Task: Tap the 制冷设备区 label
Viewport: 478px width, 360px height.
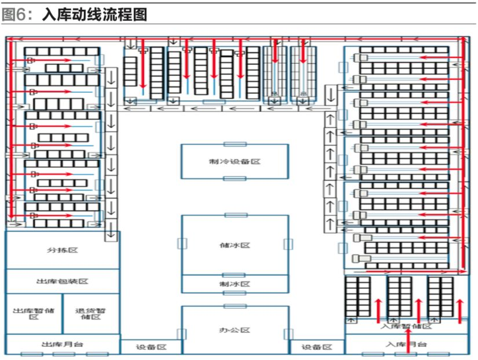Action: coord(235,161)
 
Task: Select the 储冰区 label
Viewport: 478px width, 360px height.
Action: coord(235,245)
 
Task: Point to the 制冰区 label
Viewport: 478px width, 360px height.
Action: coord(235,284)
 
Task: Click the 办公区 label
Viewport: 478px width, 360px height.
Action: coord(235,330)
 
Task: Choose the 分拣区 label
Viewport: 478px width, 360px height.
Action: coord(63,250)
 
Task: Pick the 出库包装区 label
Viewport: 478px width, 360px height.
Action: coord(63,281)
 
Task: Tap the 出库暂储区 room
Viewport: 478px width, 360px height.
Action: coord(34,314)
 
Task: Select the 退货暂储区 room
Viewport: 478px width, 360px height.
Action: coord(91,314)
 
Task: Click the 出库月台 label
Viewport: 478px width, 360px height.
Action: coord(63,344)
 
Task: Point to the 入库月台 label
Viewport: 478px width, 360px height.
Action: coord(406,344)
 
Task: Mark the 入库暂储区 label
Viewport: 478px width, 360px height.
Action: coord(406,327)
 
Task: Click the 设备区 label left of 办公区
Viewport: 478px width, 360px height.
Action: coord(151,347)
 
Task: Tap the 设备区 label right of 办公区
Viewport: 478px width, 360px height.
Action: coord(318,347)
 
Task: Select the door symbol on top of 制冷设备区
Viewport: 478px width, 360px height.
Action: coord(235,144)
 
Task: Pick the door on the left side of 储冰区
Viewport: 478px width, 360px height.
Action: coord(182,243)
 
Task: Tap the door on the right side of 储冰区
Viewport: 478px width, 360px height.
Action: coord(288,244)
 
